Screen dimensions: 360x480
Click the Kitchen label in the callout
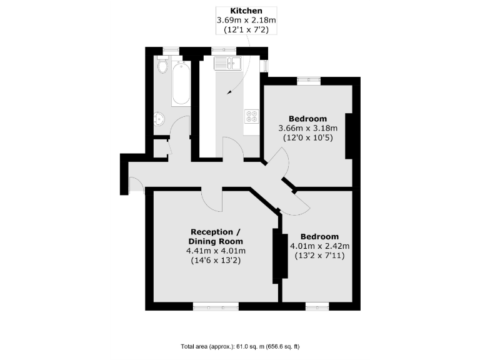(246, 11)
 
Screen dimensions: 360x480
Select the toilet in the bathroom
(161, 65)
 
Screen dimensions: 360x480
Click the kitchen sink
(229, 62)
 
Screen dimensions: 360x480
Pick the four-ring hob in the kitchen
(252, 116)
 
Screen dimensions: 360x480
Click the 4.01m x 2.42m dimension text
(319, 246)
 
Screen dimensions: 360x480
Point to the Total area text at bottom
(240, 346)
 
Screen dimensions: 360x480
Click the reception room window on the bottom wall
(216, 306)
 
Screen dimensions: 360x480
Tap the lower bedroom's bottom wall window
(316, 306)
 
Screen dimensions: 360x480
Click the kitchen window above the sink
(223, 51)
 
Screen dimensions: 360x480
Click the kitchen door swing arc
(232, 148)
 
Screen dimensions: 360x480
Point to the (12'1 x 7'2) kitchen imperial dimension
(246, 30)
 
